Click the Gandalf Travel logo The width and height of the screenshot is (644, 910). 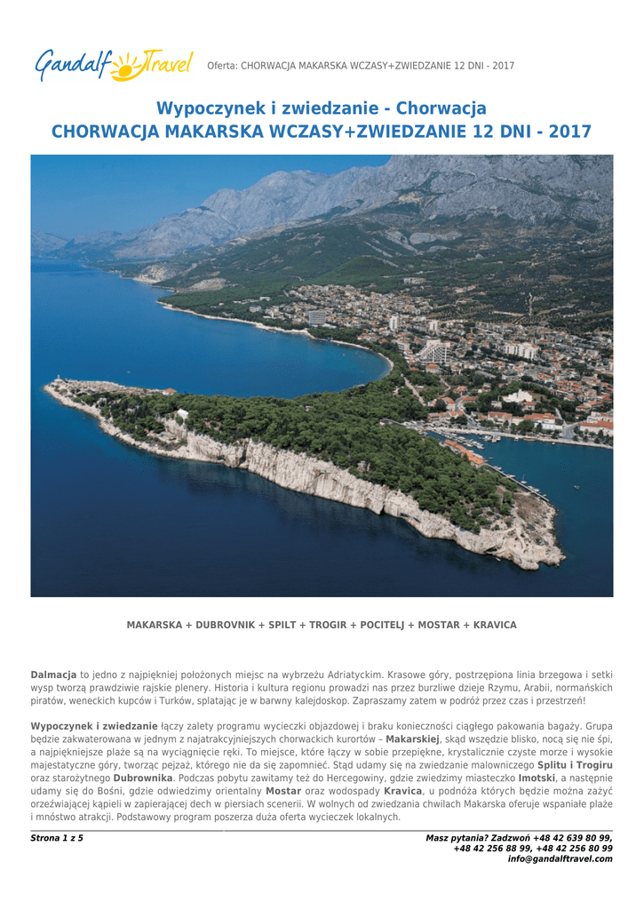115,64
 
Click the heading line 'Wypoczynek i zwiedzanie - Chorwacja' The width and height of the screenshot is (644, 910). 322,108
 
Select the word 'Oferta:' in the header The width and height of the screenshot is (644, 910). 222,66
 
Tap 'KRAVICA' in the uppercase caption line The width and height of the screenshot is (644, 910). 494,626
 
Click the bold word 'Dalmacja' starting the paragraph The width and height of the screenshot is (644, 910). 53,676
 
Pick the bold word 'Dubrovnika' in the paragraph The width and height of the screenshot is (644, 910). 143,778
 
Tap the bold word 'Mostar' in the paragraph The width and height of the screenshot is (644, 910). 283,791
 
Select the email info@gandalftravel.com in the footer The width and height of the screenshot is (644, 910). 560,859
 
